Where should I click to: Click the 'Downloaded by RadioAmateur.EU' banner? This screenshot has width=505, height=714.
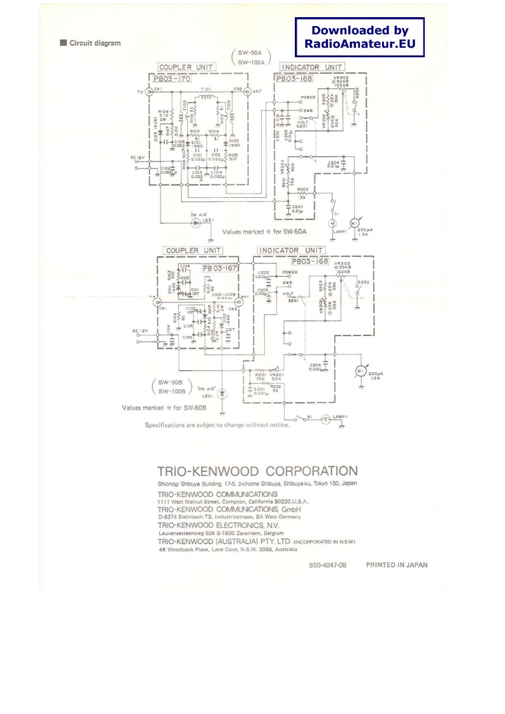point(360,38)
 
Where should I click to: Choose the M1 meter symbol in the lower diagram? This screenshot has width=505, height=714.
point(360,371)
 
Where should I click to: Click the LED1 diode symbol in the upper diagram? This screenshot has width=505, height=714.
point(197,223)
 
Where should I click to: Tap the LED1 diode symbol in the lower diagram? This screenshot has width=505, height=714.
point(222,394)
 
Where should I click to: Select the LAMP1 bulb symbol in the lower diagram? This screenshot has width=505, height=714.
point(326,419)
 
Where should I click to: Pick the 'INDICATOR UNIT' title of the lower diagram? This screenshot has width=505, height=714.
point(290,250)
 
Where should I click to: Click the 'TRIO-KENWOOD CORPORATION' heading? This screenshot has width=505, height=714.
point(257,472)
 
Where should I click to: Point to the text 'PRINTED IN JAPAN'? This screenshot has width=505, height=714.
point(397,564)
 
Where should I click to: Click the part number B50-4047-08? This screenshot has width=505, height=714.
point(328,565)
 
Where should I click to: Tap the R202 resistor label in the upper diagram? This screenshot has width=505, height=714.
point(302,190)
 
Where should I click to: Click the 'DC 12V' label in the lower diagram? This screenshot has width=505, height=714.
point(139,331)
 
